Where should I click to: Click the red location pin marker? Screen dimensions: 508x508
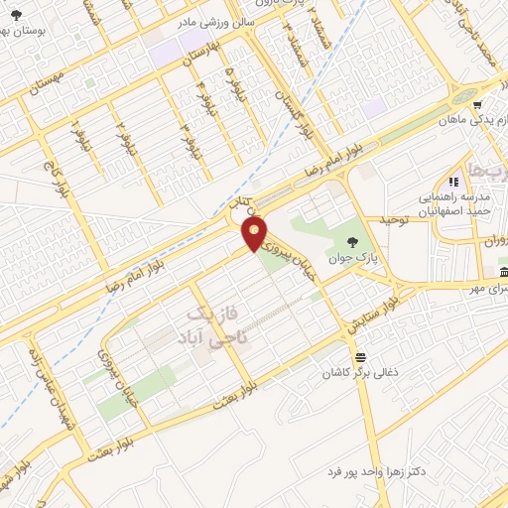pyautogui.click(x=255, y=234)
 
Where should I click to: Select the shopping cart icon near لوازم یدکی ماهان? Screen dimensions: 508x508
pyautogui.click(x=477, y=105)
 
